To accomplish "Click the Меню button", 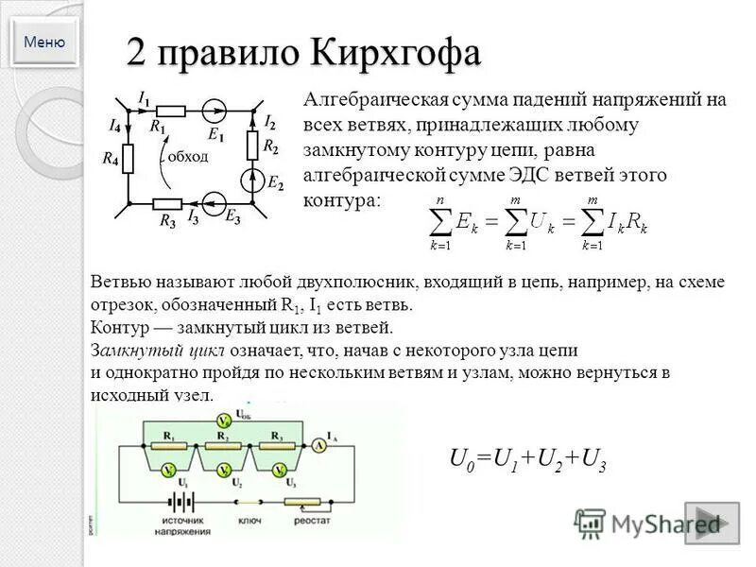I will click(44, 42).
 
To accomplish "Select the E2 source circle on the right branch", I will click(252, 178).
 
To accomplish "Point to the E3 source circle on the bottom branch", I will click(212, 202).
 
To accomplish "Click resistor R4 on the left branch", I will click(128, 158).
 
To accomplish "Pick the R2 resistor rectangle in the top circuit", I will click(252, 145).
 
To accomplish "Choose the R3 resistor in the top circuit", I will click(167, 203).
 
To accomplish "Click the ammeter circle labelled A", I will click(321, 445).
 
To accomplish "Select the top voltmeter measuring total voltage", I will click(223, 420).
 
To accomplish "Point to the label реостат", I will click(318, 521).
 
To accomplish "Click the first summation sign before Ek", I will click(440, 222).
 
